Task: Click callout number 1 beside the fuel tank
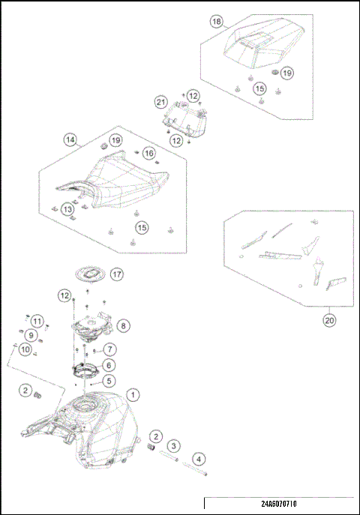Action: click(x=133, y=394)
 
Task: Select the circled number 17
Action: click(x=116, y=274)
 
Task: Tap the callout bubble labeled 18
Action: click(x=216, y=22)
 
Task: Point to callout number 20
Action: click(x=329, y=320)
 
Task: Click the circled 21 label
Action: click(x=160, y=102)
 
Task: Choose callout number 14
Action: click(x=70, y=140)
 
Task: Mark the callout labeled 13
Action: click(x=67, y=209)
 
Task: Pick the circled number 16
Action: click(x=149, y=153)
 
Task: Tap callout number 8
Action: click(x=124, y=326)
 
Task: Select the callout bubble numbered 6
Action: click(x=109, y=365)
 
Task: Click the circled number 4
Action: click(x=199, y=459)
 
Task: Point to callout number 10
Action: click(x=25, y=349)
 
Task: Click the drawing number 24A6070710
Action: click(x=279, y=504)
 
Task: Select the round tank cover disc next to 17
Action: click(x=90, y=274)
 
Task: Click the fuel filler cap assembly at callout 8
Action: click(x=92, y=327)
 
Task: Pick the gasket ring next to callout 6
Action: click(x=85, y=370)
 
